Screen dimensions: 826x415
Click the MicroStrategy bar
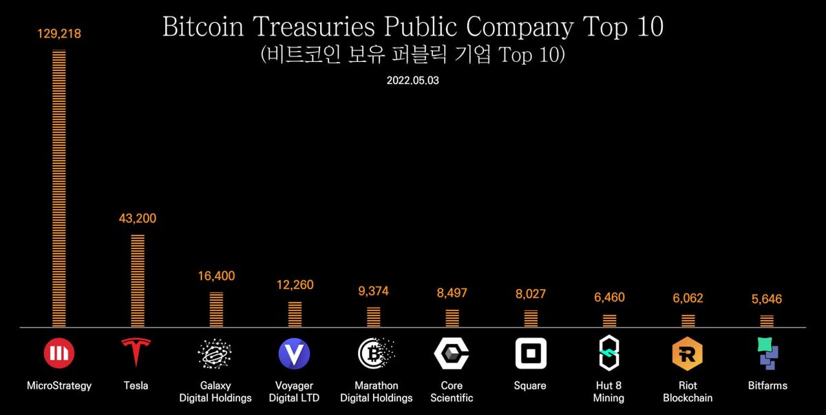59,189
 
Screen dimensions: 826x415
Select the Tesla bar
138,281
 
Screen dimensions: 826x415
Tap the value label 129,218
59,34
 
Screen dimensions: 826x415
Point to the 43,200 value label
138,219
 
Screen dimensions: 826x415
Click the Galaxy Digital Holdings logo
215,354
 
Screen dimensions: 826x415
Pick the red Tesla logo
136,352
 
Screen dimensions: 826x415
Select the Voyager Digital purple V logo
294,354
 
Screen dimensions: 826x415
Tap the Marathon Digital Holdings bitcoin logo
375,354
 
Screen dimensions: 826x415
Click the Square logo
531,354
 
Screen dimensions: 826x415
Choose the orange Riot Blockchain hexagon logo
688,354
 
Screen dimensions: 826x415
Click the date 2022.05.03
412,81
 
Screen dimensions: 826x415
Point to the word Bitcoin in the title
203,27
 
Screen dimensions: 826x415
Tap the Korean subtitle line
412,54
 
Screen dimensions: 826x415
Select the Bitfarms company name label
767,385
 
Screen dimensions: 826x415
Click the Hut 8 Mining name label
608,392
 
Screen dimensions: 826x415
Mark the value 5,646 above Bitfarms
767,299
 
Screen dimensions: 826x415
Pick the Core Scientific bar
452,318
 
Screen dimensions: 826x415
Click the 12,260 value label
295,285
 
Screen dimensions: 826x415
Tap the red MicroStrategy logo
59,353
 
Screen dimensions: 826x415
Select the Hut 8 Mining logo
608,353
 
